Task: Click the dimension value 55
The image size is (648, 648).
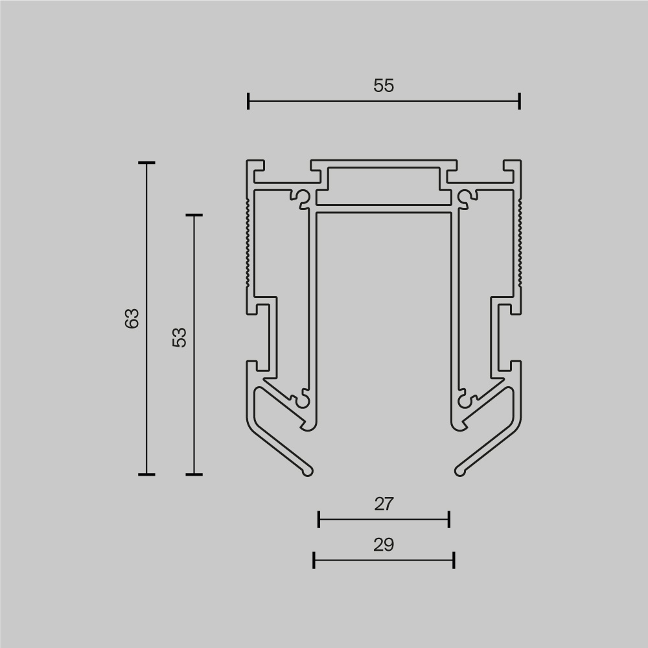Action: point(384,86)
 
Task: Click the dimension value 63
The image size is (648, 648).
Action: point(132,318)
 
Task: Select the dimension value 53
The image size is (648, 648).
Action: point(179,337)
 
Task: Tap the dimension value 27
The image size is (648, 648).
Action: point(384,503)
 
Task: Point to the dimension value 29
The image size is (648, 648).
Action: point(384,545)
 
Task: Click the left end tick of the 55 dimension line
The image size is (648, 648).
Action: point(249,101)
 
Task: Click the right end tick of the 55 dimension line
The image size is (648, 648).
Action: point(520,101)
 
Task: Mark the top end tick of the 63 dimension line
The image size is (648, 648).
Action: point(146,163)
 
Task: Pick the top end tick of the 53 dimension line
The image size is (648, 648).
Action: point(194,215)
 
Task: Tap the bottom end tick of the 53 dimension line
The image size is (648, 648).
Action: point(194,474)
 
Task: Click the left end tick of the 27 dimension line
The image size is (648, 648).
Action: point(319,519)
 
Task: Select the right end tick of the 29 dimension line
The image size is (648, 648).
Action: point(454,560)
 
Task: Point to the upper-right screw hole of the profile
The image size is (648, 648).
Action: point(465,196)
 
